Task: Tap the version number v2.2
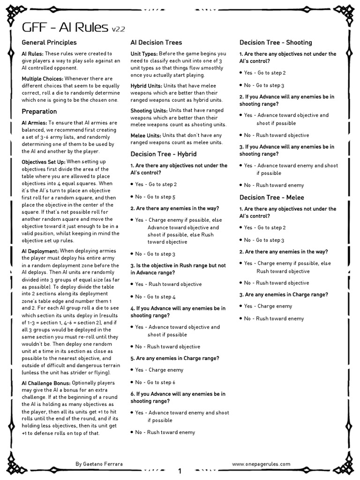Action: tap(118, 30)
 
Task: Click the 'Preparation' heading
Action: tap(39, 112)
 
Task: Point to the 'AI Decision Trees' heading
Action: tap(156, 43)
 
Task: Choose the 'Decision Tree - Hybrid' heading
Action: tap(163, 154)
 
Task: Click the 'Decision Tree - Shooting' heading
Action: tap(276, 43)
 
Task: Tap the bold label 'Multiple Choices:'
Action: tap(42, 79)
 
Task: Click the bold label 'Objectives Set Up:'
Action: tap(45, 162)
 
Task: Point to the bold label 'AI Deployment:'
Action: tap(40, 251)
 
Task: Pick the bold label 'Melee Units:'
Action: tap(145, 135)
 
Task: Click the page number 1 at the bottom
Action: tap(180, 471)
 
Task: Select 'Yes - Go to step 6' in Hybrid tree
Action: tap(155, 382)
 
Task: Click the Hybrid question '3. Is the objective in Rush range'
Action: tap(178, 265)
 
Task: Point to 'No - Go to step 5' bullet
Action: tap(155, 197)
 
